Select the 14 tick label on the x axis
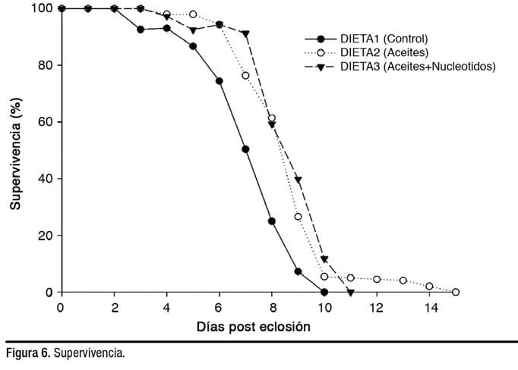pos(429,308)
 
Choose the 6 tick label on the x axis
pos(219,308)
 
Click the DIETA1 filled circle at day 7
pos(245,149)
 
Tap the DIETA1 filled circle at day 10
pos(324,292)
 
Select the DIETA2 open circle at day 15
pos(456,292)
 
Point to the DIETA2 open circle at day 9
pos(298,217)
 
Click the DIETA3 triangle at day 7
pos(245,33)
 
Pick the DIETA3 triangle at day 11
pos(350,293)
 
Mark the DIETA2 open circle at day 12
pos(377,279)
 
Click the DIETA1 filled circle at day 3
pos(141,30)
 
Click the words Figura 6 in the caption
pos(27,354)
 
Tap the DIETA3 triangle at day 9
pos(298,180)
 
